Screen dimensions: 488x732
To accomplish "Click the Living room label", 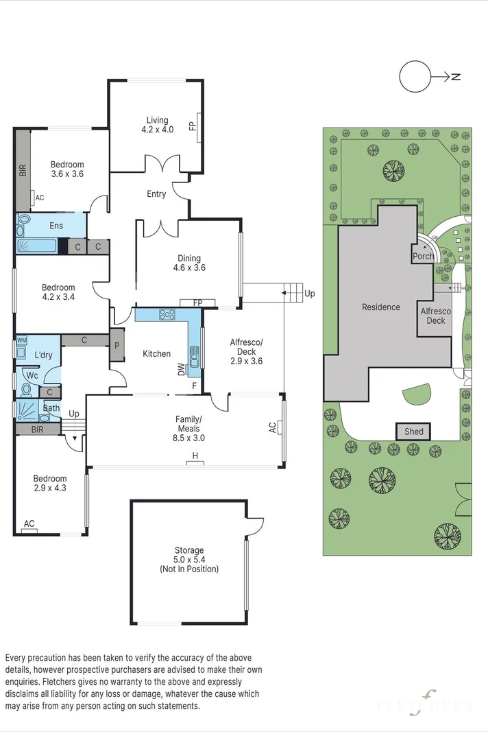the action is coord(157,125).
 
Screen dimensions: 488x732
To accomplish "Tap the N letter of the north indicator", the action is coord(456,77).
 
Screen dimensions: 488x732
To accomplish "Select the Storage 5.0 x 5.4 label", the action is coord(189,559).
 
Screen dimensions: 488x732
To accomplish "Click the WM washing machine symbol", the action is coord(21,340).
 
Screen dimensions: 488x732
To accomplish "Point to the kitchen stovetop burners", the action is coord(167,314).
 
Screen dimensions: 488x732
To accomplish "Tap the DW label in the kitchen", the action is coord(181,370).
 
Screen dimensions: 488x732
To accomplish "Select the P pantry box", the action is coord(117,346).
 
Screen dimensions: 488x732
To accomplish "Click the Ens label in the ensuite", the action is coord(56,226).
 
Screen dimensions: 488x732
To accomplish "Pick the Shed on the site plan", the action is coord(413,432).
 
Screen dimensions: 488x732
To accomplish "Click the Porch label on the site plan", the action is coord(423,256).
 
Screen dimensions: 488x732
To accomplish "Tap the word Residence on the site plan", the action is coord(380,307).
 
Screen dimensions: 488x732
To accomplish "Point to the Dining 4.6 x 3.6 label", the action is coord(189,263).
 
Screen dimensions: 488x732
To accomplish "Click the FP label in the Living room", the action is coord(192,126).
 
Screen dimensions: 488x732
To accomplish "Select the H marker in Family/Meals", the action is coord(195,456).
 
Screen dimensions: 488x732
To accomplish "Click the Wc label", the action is coord(32,375).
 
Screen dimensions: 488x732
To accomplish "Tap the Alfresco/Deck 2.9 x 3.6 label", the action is coord(246,351).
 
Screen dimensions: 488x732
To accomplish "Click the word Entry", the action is coord(156,193).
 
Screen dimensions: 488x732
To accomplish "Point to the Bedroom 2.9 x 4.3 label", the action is coord(50,483).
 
